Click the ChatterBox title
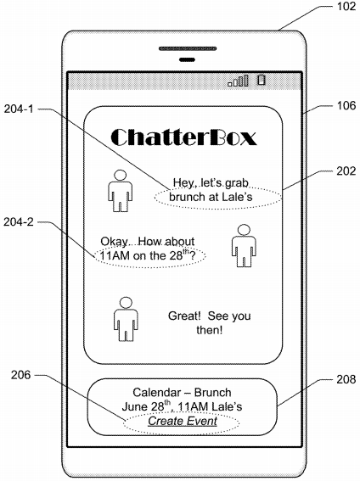pos(183,137)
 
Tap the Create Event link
pos(183,421)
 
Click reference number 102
pos(346,7)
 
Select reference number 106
pos(346,106)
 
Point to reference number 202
pos(346,171)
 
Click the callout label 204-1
pos(19,109)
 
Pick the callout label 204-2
pos(19,221)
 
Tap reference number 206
pos(21,375)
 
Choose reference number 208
pos(346,379)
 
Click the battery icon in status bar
pos(262,80)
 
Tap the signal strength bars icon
pos(238,81)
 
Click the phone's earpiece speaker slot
pos(188,48)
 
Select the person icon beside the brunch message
pos(120,191)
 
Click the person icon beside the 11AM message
pos(244,246)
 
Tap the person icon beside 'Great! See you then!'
pos(126,319)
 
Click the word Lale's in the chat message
pos(237,197)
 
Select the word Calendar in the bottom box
pos(156,392)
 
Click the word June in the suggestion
pos(135,406)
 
